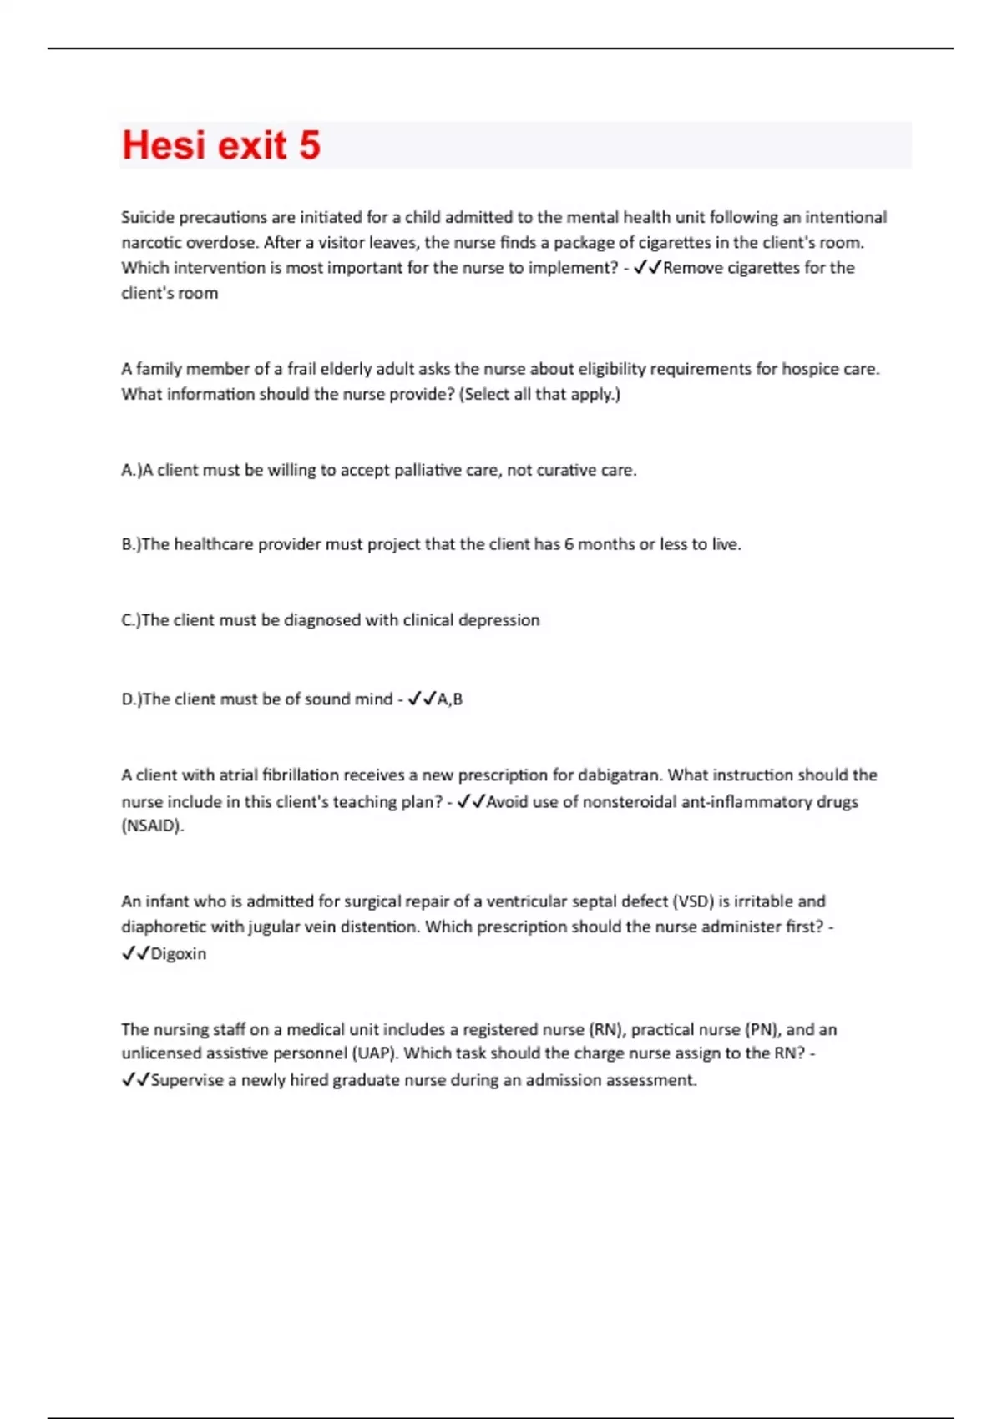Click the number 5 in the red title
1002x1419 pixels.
309,145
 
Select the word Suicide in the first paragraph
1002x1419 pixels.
148,217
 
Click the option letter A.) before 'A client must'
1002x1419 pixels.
131,470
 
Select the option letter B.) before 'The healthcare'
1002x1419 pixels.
131,544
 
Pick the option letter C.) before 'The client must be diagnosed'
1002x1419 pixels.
131,620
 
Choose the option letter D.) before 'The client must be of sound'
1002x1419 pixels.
132,699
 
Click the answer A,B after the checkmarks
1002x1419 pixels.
450,699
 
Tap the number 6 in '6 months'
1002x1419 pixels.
569,544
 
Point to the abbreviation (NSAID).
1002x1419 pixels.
153,826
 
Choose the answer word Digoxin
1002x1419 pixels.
178,953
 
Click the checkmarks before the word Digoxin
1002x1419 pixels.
135,953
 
